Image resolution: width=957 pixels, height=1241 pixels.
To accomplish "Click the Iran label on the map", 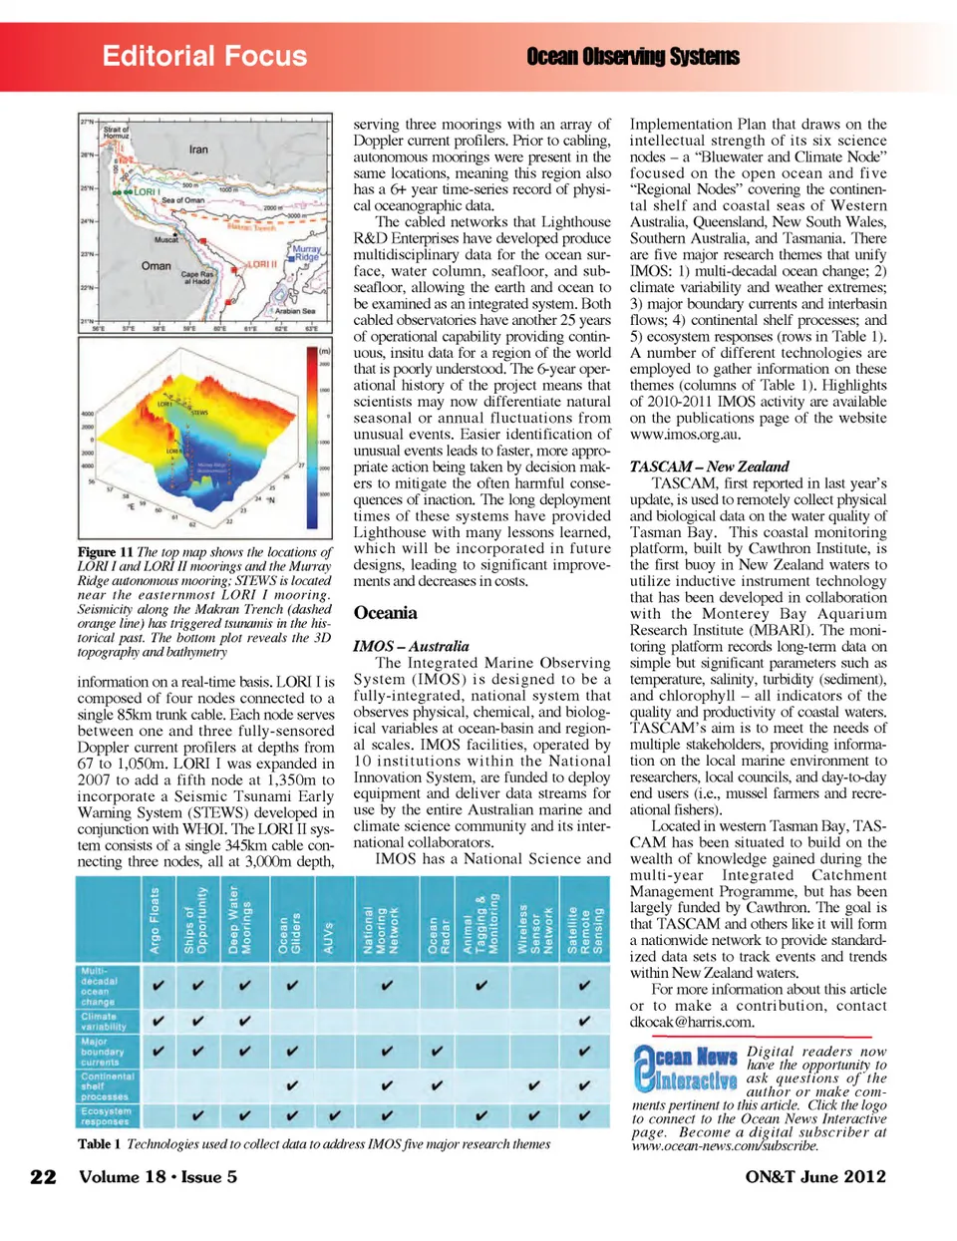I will click(x=198, y=150).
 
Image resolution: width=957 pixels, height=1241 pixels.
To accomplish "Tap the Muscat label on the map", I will click(x=166, y=240).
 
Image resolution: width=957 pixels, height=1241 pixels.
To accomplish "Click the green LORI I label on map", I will click(x=146, y=191).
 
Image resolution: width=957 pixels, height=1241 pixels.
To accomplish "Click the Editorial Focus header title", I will click(x=204, y=56).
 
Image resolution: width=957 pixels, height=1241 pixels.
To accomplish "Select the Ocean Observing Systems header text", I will click(x=633, y=57).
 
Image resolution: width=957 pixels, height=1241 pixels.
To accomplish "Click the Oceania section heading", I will click(x=385, y=613).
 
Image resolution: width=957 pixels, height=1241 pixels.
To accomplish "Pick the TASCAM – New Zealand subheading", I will click(x=709, y=466).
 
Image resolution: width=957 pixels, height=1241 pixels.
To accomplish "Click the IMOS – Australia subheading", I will click(x=411, y=646).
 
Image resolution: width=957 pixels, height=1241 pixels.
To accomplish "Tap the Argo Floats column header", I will click(x=155, y=920).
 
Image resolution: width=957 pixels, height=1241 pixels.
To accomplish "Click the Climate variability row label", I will click(x=104, y=1021).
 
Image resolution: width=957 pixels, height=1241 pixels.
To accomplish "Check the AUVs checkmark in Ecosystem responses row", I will click(x=335, y=1115).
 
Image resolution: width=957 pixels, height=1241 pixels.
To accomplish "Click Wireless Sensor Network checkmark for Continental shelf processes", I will click(x=534, y=1086).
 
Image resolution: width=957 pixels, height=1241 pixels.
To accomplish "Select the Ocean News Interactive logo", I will click(x=686, y=1068).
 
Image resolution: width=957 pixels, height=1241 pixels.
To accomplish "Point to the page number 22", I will click(x=43, y=1176).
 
